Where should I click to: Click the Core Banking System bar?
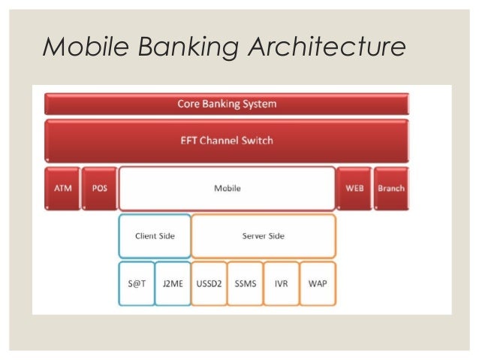pyautogui.click(x=227, y=104)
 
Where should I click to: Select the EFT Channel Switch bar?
pyautogui.click(x=227, y=140)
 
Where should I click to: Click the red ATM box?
pyautogui.click(x=62, y=188)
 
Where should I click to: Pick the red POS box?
pyautogui.click(x=99, y=188)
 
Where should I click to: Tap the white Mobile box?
pyautogui.click(x=227, y=188)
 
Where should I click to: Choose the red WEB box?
pyautogui.click(x=354, y=188)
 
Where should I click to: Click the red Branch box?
pyautogui.click(x=390, y=188)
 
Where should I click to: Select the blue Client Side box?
pyautogui.click(x=155, y=236)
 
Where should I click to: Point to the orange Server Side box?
pyautogui.click(x=263, y=236)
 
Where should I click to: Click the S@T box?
pyautogui.click(x=136, y=284)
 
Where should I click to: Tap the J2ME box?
pyautogui.click(x=173, y=284)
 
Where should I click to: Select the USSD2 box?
pyautogui.click(x=209, y=284)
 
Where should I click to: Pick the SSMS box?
pyautogui.click(x=245, y=284)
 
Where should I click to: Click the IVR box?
pyautogui.click(x=282, y=284)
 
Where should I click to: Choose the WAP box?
pyautogui.click(x=318, y=284)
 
